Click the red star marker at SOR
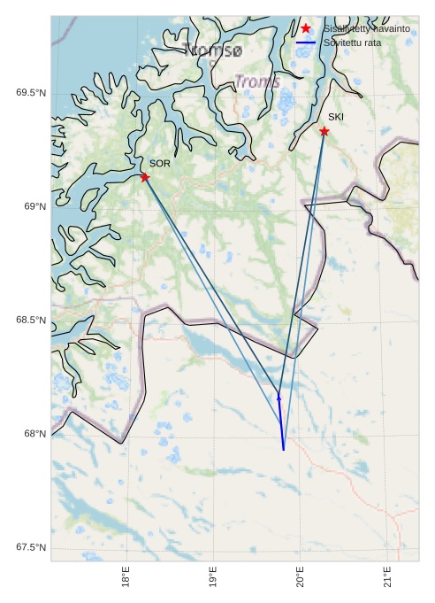pos(145,178)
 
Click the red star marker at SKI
pos(324,131)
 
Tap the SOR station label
pos(159,164)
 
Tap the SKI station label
pos(336,117)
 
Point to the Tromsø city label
pos(212,50)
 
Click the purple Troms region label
pos(257,82)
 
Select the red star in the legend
pos(306,28)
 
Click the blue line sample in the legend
pos(306,42)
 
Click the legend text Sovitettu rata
pos(352,42)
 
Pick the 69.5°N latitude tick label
pos(31,93)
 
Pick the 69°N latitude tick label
pos(34,206)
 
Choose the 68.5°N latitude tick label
pos(31,320)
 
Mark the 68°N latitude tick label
pos(34,434)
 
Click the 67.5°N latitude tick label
pos(31,547)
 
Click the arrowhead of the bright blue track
pos(279,398)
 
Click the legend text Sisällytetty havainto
pos(366,28)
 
